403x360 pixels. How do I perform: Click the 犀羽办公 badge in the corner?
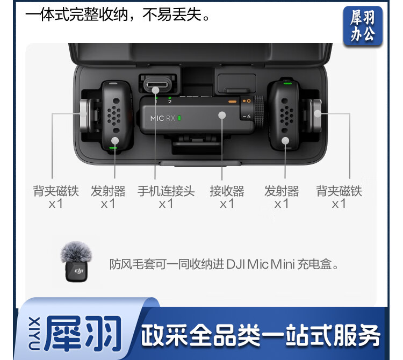363,26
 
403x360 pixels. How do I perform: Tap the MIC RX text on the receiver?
163,118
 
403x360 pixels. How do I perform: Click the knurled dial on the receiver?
258,111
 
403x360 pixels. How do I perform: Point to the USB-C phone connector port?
156,84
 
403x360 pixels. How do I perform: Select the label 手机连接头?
166,191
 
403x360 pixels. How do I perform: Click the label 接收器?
227,191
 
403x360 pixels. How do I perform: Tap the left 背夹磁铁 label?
56,191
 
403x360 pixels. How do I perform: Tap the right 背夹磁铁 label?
339,191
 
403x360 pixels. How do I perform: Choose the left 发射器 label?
108,191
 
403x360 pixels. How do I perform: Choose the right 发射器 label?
282,191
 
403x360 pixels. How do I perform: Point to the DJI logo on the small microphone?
79,271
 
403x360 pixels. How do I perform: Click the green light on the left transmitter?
113,148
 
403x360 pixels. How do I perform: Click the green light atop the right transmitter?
287,83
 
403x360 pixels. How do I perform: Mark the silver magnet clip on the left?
84,116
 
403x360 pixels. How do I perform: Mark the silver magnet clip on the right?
316,115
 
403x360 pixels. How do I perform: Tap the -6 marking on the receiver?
247,117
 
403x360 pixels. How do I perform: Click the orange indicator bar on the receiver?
232,102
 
